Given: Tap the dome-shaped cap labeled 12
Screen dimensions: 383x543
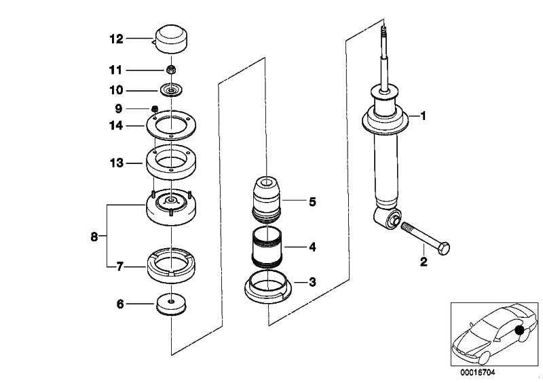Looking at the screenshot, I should pyautogui.click(x=172, y=37).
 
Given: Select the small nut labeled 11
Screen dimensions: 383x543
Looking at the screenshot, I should pyautogui.click(x=172, y=69).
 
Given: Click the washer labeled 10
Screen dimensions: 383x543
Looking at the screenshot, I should pyautogui.click(x=172, y=89).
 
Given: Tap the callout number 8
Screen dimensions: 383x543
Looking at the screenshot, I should pyautogui.click(x=94, y=236).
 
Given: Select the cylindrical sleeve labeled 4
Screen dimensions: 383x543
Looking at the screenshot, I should pyautogui.click(x=267, y=247).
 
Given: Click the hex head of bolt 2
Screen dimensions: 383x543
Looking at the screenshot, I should pyautogui.click(x=445, y=249).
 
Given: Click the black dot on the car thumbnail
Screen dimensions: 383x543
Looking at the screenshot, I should pyautogui.click(x=519, y=331).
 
